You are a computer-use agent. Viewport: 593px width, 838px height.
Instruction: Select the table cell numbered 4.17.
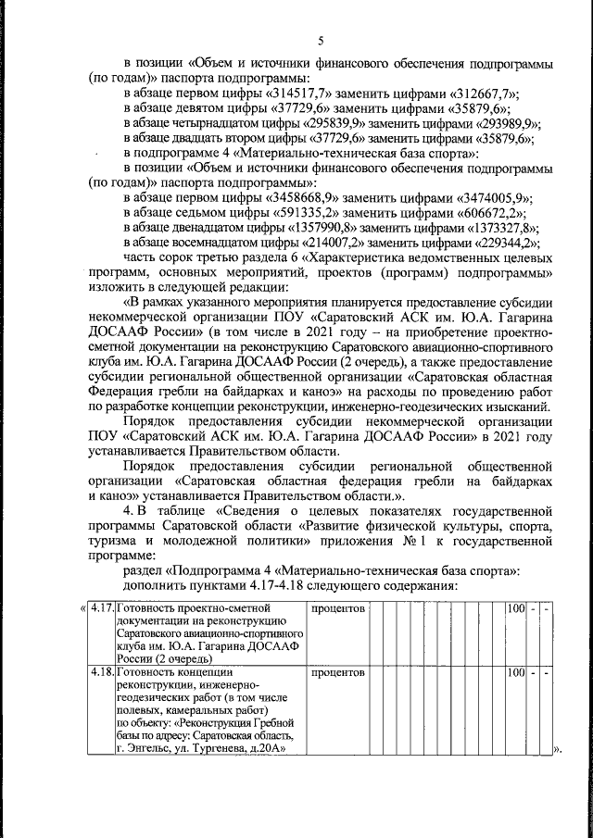(101, 608)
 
